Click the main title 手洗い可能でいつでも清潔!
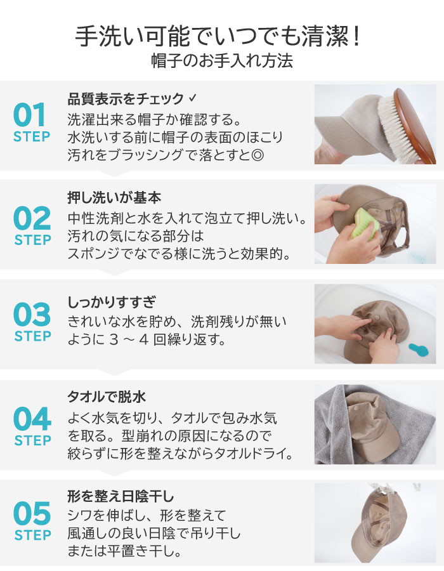(218, 36)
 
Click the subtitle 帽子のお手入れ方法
(222, 61)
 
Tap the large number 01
(29, 115)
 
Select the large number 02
(32, 218)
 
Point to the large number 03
(32, 314)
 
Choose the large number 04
(32, 419)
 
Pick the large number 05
(32, 513)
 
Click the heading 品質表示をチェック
(126, 99)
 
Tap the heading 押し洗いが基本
(114, 198)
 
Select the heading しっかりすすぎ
(112, 302)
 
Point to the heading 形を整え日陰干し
(121, 496)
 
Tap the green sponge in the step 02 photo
(363, 224)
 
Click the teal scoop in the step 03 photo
(419, 350)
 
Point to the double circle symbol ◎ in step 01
(258, 155)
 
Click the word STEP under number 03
(33, 336)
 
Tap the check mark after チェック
(193, 98)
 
